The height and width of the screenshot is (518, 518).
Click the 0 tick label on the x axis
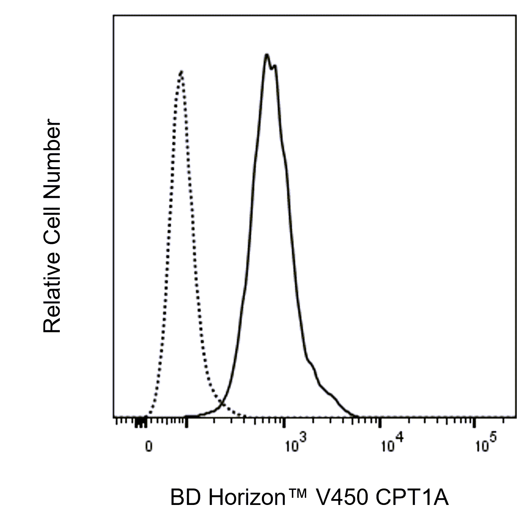pos(148,447)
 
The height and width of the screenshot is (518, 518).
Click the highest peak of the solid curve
pos(267,55)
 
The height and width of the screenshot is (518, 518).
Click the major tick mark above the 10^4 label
pos(379,421)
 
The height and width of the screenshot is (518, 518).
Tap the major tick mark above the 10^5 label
pos(475,421)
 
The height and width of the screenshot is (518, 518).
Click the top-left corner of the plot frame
pos(113,16)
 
